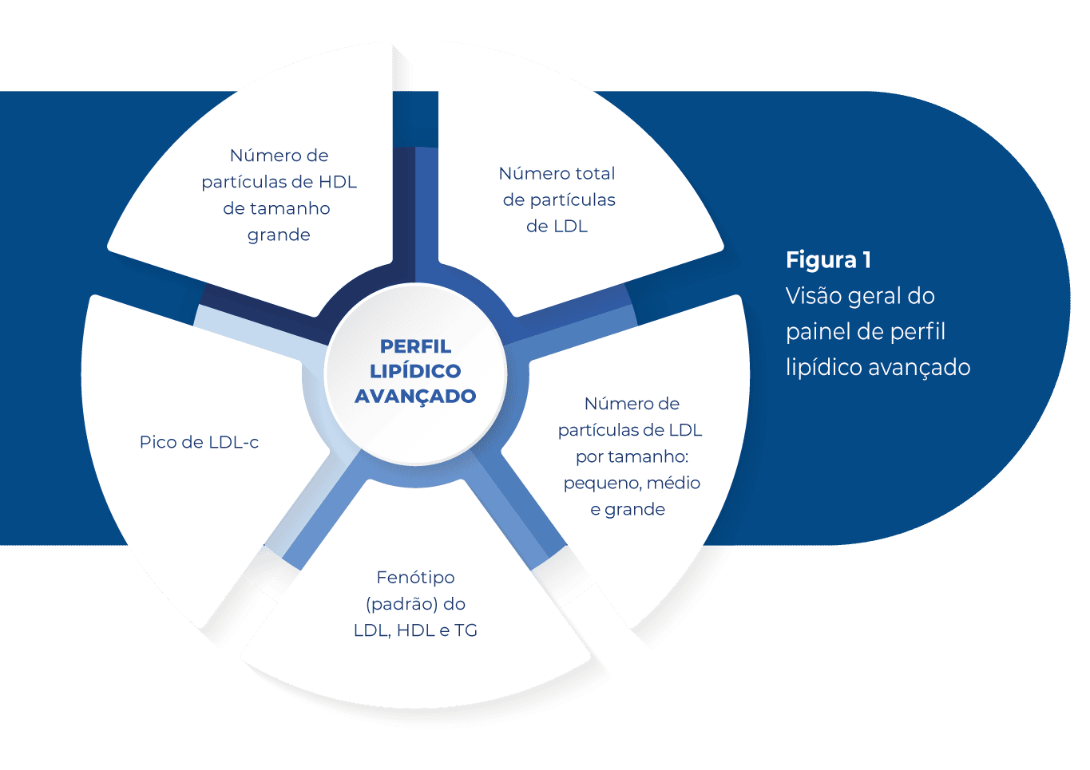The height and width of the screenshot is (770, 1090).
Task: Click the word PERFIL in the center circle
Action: pyautogui.click(x=415, y=346)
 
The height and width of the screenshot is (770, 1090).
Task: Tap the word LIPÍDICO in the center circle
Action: pyautogui.click(x=415, y=371)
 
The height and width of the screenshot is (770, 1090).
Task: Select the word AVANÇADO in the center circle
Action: pyautogui.click(x=415, y=396)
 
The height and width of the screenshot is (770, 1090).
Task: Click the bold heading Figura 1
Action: pyautogui.click(x=828, y=260)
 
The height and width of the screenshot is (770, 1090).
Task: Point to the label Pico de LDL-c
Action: pyautogui.click(x=199, y=442)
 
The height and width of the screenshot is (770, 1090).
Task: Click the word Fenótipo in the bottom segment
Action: pyautogui.click(x=415, y=577)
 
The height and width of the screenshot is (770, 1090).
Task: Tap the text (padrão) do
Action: pyautogui.click(x=415, y=603)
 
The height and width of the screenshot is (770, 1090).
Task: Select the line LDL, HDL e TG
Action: pyautogui.click(x=415, y=630)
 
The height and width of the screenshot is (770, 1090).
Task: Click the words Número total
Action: pyautogui.click(x=557, y=173)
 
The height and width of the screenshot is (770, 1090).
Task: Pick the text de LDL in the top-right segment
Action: pyautogui.click(x=557, y=226)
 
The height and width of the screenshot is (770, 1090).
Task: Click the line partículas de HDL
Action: pyautogui.click(x=279, y=182)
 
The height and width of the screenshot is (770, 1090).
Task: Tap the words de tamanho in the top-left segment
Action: pyautogui.click(x=276, y=208)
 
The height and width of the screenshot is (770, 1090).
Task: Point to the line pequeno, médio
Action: pyautogui.click(x=632, y=483)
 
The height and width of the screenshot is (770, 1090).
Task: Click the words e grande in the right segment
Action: pyautogui.click(x=628, y=509)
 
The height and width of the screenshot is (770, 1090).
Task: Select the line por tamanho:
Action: pyautogui.click(x=632, y=456)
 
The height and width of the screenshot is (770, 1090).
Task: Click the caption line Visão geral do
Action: pyautogui.click(x=860, y=296)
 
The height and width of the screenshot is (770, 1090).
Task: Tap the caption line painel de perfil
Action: pyautogui.click(x=866, y=332)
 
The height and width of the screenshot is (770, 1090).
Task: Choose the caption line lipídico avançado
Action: pyautogui.click(x=878, y=368)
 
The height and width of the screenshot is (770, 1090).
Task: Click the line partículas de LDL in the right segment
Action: pyautogui.click(x=630, y=430)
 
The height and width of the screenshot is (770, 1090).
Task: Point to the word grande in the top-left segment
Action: pyautogui.click(x=279, y=235)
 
